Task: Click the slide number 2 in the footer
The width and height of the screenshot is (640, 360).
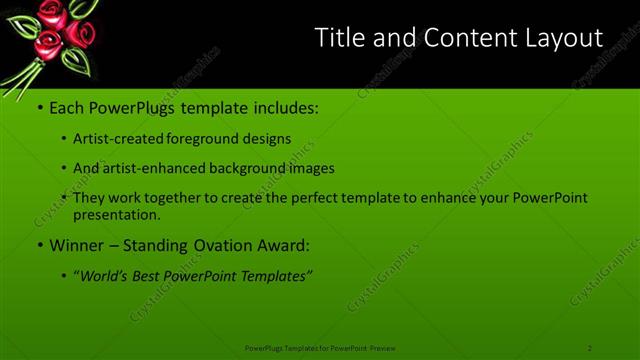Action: (590, 348)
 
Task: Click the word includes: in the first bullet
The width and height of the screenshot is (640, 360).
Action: (281, 106)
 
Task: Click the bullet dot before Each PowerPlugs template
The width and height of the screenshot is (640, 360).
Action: (39, 106)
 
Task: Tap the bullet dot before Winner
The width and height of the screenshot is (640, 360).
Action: (39, 245)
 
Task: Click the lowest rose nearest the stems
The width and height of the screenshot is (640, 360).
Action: (45, 48)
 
